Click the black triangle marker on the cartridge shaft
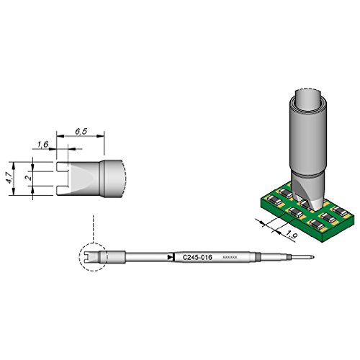170,256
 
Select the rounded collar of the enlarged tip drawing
113,178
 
